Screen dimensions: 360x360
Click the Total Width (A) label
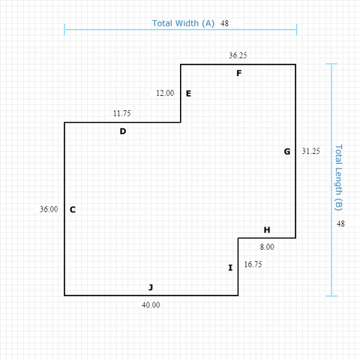point(183,23)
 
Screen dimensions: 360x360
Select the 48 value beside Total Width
point(224,23)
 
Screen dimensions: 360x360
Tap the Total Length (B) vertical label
point(338,178)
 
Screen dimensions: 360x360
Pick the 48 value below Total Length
point(340,223)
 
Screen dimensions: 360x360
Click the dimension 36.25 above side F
point(238,55)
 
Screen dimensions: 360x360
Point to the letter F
point(239,73)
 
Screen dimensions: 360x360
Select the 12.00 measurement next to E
point(165,93)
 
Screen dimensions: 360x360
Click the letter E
point(188,94)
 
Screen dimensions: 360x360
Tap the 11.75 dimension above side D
point(121,113)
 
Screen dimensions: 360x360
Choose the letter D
point(123,131)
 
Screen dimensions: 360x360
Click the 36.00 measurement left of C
point(49,209)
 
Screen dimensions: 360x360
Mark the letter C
point(73,209)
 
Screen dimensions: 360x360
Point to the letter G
point(287,151)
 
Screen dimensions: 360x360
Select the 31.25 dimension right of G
point(310,151)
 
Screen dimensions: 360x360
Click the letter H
point(267,230)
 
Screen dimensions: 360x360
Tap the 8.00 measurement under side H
point(267,247)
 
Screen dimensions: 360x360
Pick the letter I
point(230,268)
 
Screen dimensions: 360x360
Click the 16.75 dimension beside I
point(253,264)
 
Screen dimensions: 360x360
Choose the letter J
point(151,287)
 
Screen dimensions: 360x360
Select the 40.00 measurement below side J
point(151,305)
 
